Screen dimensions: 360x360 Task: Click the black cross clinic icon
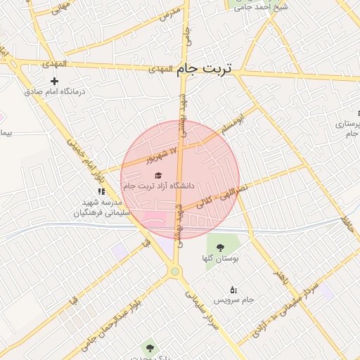point(54,82)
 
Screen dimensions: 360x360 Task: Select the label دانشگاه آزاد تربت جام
point(158,186)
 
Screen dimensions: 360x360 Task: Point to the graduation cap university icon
point(158,175)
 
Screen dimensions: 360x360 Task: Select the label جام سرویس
point(233,300)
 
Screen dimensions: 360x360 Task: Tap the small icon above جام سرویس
point(233,289)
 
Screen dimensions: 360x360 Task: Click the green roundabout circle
point(174,271)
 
